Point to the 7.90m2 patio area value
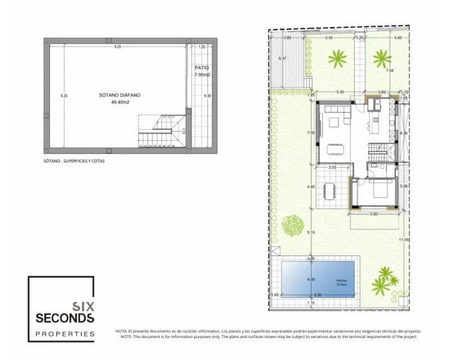[202, 75]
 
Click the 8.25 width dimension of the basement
[118, 47]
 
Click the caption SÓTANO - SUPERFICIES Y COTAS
[74, 161]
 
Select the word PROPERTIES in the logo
[65, 334]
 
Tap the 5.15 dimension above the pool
[310, 232]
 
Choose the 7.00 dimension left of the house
[310, 133]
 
